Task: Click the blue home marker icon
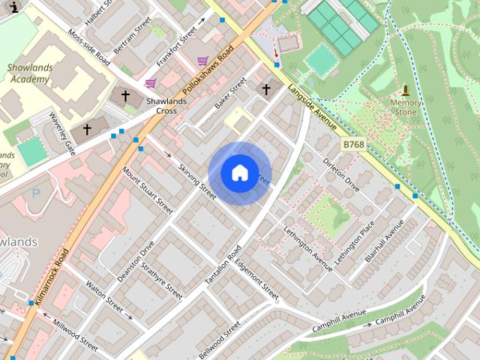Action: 238,172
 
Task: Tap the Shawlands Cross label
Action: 161,106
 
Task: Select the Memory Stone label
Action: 406,106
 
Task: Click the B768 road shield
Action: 353,143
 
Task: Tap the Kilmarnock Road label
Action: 52,277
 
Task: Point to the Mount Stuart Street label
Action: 148,190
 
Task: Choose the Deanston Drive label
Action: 136,261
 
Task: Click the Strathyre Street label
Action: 161,280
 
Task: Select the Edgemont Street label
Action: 256,278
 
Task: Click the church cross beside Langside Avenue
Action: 265,90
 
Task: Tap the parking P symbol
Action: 36,193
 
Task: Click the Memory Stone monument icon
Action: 406,89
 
